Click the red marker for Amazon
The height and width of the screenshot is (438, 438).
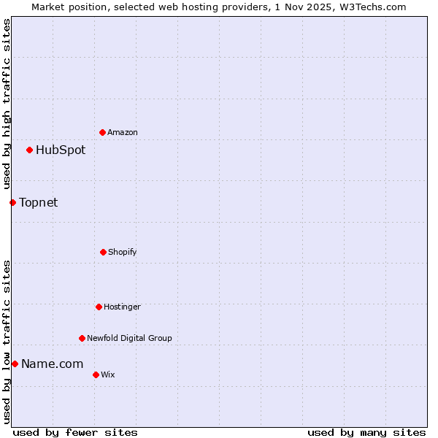pyautogui.click(x=102, y=132)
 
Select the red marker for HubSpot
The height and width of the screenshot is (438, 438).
pyautogui.click(x=29, y=150)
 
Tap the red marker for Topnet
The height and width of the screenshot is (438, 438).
pyautogui.click(x=12, y=202)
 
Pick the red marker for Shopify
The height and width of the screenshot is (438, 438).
pyautogui.click(x=103, y=252)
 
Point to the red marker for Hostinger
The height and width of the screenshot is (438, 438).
pyautogui.click(x=99, y=307)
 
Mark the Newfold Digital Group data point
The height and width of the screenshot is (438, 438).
pyautogui.click(x=82, y=338)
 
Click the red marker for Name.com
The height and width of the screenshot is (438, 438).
pyautogui.click(x=15, y=364)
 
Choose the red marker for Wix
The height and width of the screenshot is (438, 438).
pyautogui.click(x=96, y=374)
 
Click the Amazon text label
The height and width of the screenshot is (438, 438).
pyautogui.click(x=123, y=132)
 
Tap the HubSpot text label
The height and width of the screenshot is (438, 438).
pyautogui.click(x=61, y=150)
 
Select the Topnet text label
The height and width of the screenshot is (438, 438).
pyautogui.click(x=38, y=202)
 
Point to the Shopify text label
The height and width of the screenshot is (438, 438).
pyautogui.click(x=123, y=252)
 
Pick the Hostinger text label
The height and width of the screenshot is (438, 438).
pyautogui.click(x=122, y=307)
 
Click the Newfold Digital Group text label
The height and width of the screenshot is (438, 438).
pyautogui.click(x=129, y=338)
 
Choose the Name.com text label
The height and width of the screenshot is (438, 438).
pyautogui.click(x=52, y=364)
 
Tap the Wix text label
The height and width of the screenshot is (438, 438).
pyautogui.click(x=108, y=374)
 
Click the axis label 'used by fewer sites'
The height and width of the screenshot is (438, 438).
pyautogui.click(x=75, y=432)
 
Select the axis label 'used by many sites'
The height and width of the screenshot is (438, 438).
pyautogui.click(x=366, y=432)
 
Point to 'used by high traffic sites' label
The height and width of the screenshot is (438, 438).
pyautogui.click(x=7, y=104)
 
